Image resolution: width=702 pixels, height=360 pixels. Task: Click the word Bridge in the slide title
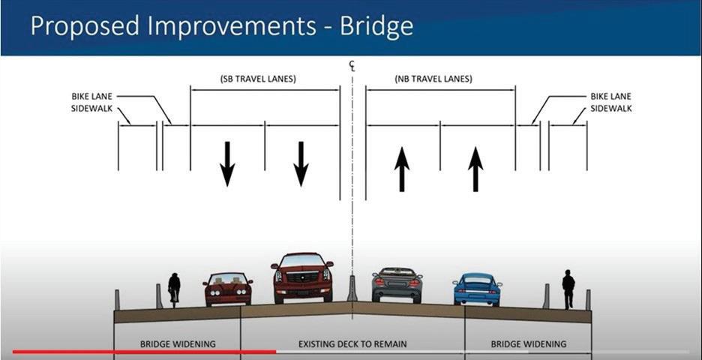376,27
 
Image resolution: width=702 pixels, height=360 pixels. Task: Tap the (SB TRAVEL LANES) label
259,79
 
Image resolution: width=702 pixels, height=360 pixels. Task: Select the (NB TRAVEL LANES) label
433,79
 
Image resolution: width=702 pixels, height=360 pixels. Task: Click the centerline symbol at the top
351,66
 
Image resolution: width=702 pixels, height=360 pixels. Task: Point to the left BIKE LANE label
90,97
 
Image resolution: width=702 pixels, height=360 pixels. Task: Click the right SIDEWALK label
611,109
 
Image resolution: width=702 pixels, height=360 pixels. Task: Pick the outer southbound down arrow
227,163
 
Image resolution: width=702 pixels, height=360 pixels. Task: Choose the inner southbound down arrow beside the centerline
301,163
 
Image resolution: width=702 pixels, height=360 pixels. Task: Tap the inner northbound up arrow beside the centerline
402,169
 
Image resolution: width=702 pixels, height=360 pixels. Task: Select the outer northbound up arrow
475,169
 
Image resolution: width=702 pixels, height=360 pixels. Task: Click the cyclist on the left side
174,288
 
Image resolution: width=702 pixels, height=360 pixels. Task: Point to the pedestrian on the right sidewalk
568,289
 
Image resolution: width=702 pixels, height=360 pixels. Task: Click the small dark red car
227,289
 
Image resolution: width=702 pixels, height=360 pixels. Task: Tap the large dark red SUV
302,277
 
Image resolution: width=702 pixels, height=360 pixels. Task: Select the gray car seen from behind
397,284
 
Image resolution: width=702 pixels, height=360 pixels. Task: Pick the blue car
477,289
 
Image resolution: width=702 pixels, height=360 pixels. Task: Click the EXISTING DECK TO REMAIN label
352,344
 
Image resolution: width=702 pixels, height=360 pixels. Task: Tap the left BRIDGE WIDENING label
178,344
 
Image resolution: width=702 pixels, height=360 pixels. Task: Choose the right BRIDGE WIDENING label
529,344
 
